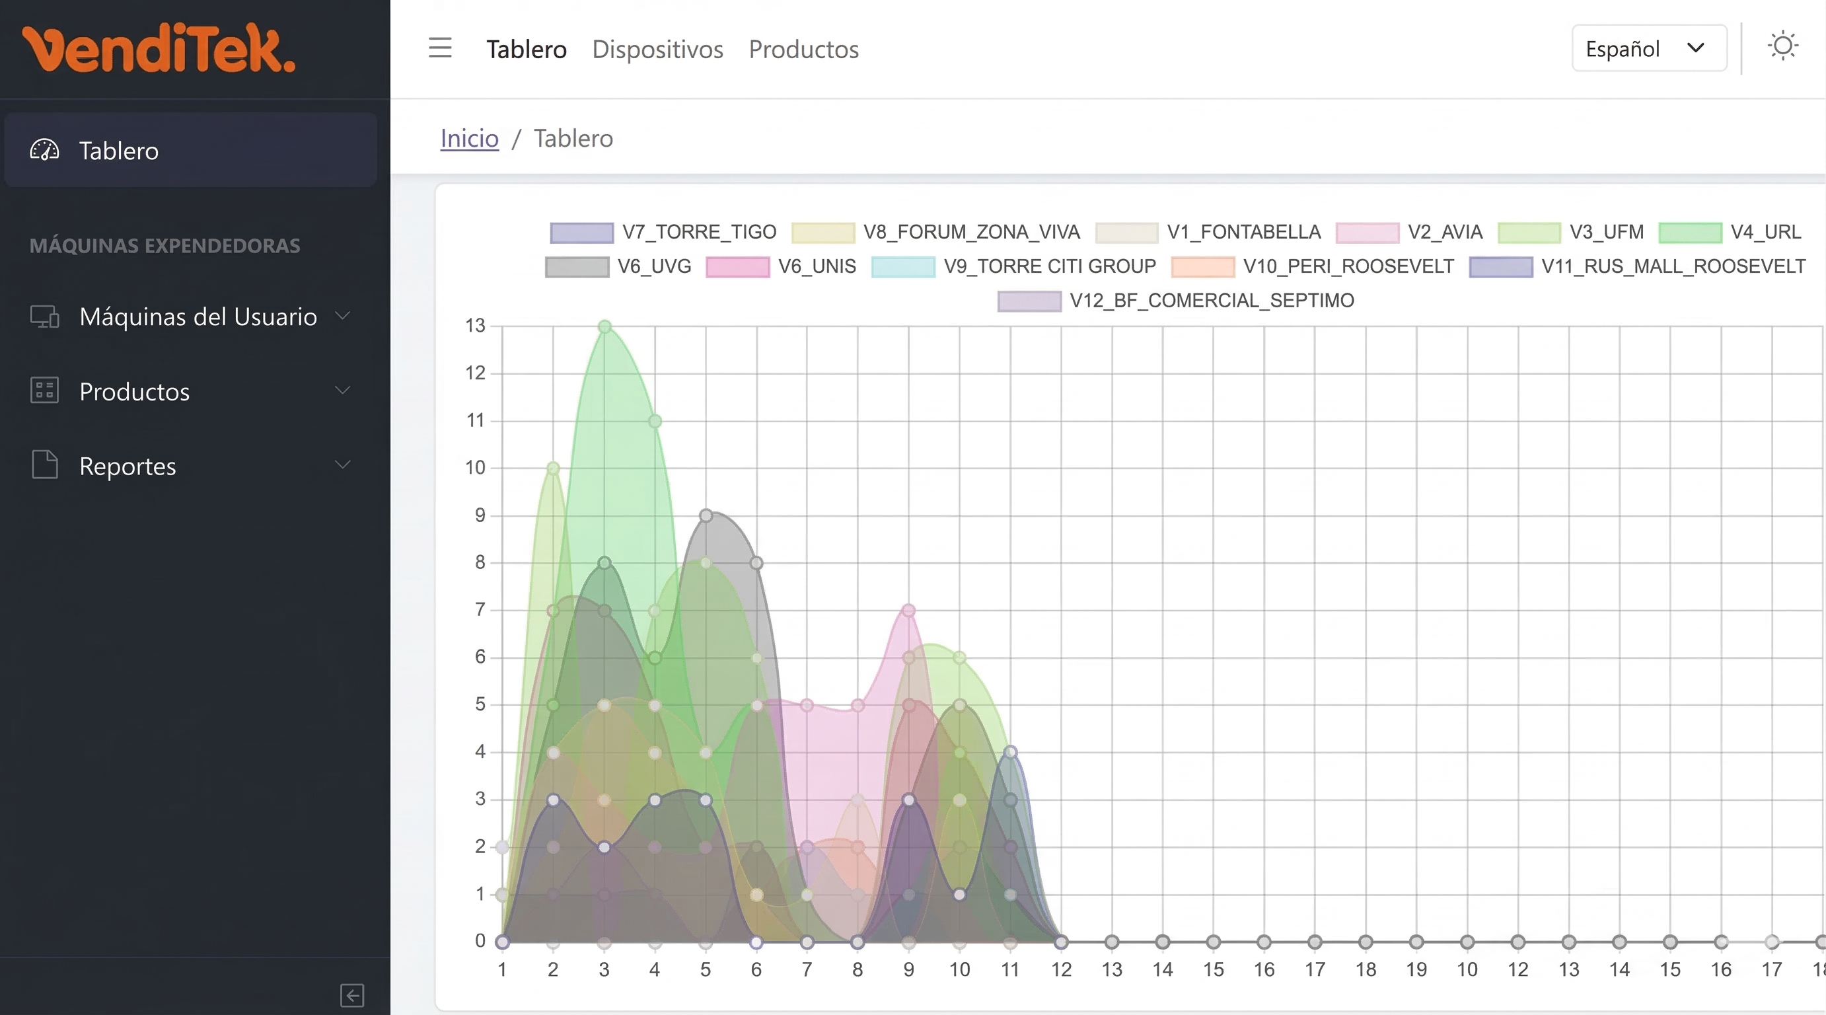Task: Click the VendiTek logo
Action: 159,48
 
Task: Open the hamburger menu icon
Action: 440,48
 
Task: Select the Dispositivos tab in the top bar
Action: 657,49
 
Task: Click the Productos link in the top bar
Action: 803,49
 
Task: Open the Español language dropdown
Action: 1649,48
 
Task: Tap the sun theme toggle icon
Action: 1782,47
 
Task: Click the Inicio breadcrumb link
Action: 469,138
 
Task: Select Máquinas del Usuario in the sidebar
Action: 198,316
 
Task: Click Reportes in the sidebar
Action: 128,466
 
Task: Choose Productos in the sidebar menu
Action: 134,391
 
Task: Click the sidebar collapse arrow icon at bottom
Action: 351,995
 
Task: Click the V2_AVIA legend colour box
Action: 1367,233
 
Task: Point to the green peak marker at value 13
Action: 604,326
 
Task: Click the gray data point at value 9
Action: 706,515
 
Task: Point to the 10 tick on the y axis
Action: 475,468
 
